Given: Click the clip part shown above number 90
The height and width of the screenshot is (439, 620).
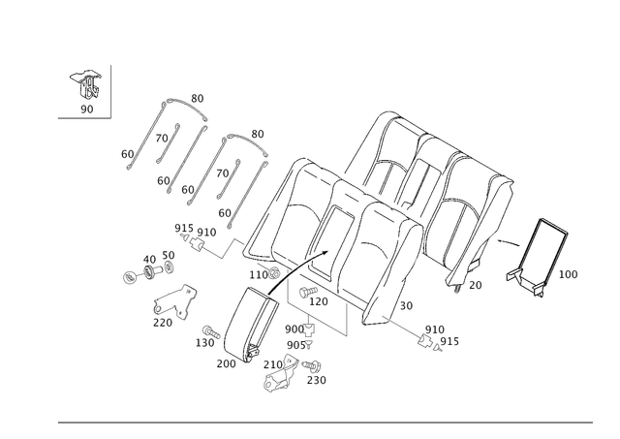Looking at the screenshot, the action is [x=85, y=84].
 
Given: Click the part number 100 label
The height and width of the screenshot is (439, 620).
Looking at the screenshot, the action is [x=568, y=274].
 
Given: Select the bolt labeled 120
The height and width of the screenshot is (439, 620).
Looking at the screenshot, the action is [x=309, y=292].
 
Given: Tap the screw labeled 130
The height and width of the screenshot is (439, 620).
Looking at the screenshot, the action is [x=211, y=331].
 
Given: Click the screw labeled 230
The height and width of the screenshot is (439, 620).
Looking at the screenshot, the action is [x=312, y=366].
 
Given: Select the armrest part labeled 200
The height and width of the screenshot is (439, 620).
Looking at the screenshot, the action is [x=251, y=325].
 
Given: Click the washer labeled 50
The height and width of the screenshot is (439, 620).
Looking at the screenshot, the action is [x=170, y=267].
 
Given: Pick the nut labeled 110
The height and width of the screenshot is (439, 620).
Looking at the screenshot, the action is [x=273, y=272].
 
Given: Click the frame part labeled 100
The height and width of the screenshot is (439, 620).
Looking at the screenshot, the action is [x=538, y=257].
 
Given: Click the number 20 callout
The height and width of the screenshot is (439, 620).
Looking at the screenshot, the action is [x=476, y=285].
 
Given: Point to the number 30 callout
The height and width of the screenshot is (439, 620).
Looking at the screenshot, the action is [x=406, y=305].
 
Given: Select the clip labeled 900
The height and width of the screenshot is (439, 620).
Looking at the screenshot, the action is [x=308, y=329].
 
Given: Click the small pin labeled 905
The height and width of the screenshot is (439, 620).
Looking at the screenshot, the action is [x=309, y=345].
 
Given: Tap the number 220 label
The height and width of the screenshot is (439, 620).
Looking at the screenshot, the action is [x=163, y=323].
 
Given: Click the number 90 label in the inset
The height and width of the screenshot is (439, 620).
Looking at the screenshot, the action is [x=86, y=109].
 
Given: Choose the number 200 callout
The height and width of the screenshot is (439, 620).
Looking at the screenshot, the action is [x=226, y=363].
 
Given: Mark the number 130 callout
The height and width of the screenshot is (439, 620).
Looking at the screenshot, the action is [x=204, y=342].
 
